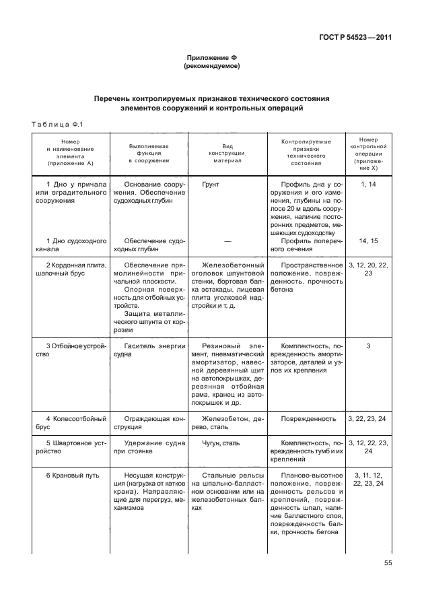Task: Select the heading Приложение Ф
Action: [x=211, y=59]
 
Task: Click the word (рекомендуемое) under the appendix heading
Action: [x=211, y=67]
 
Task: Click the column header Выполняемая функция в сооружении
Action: [x=149, y=153]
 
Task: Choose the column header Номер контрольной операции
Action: [x=368, y=153]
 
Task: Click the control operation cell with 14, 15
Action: [x=368, y=240]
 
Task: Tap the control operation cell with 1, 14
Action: [x=368, y=183]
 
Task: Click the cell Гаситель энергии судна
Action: [x=149, y=349]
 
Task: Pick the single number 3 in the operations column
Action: [x=368, y=345]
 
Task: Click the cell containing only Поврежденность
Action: [x=308, y=418]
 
